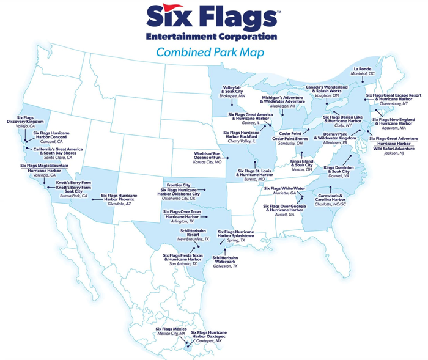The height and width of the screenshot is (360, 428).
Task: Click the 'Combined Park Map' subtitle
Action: point(210,53)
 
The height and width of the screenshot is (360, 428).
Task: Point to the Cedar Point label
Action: point(289,133)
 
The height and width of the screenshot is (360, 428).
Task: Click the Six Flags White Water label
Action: point(284,188)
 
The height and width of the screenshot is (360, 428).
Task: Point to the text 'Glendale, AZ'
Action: point(119,204)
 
